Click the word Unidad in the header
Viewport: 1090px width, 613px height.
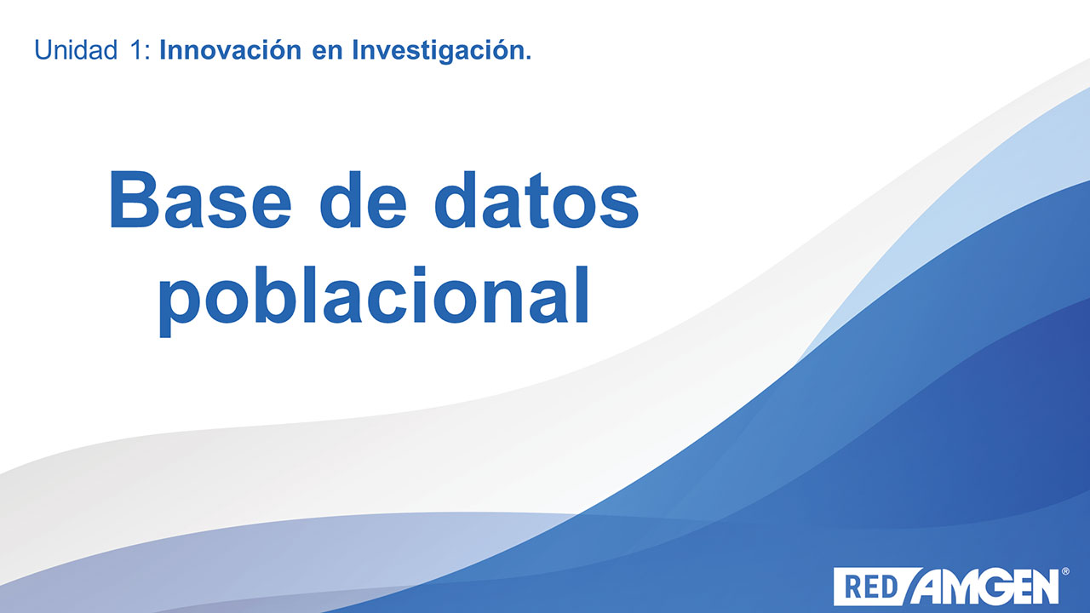pyautogui.click(x=76, y=50)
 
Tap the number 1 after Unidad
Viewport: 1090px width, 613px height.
pyautogui.click(x=136, y=50)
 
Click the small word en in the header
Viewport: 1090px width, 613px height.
pyautogui.click(x=327, y=53)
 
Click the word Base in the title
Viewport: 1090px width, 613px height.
pyautogui.click(x=200, y=199)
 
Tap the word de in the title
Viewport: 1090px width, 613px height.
pyautogui.click(x=363, y=199)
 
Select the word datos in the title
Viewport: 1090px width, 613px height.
pyautogui.click(x=536, y=199)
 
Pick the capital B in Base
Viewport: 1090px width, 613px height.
pyautogui.click(x=135, y=199)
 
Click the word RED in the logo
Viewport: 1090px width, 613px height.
pyautogui.click(x=871, y=587)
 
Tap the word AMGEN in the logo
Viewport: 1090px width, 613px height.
pyautogui.click(x=986, y=587)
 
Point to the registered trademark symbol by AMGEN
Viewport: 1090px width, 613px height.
pyautogui.click(x=1065, y=571)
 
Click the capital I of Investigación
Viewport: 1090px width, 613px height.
pyautogui.click(x=356, y=50)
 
